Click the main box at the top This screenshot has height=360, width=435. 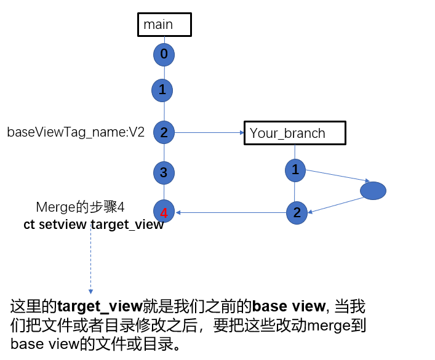(x=164, y=25)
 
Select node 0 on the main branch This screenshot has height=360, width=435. (x=164, y=54)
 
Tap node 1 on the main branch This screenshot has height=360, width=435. (x=162, y=90)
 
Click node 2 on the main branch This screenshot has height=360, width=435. (x=164, y=132)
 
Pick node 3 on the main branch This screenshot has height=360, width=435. (x=164, y=172)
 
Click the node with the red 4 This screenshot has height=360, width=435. (x=164, y=213)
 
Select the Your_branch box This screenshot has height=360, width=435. (x=295, y=133)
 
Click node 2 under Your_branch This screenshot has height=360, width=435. (x=297, y=213)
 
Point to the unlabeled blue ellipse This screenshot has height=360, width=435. (x=373, y=191)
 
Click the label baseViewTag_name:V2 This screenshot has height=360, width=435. (x=76, y=132)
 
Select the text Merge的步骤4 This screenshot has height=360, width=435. (x=84, y=207)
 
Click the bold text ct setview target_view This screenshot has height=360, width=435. (x=94, y=224)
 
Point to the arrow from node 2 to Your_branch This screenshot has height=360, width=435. (x=209, y=132)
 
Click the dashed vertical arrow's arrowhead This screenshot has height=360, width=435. (x=90, y=291)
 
